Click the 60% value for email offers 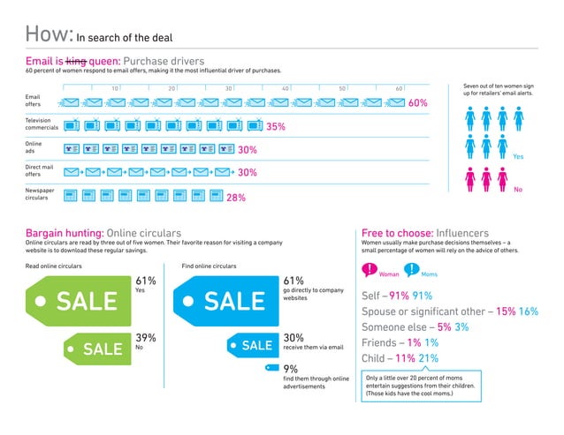tap(418, 103)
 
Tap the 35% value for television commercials tap(275, 127)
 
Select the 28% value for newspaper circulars tap(236, 198)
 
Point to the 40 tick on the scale tap(286, 89)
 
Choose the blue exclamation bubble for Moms tap(412, 269)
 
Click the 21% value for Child tap(428, 358)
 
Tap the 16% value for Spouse tap(529, 311)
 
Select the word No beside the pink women tap(518, 189)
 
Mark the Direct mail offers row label tap(39, 170)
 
